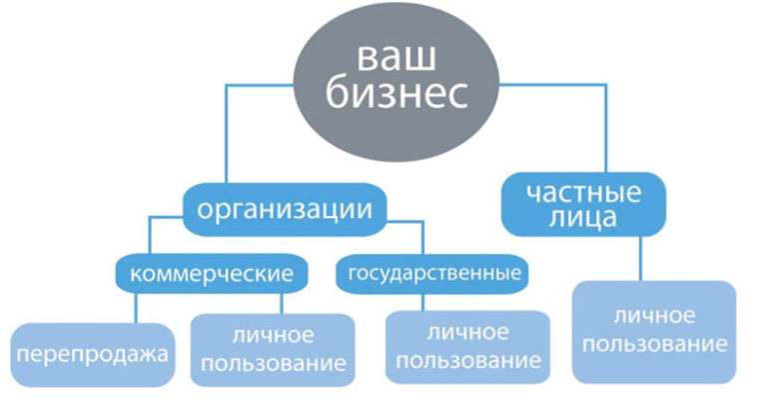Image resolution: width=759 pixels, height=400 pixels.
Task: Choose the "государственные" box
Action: (432, 271)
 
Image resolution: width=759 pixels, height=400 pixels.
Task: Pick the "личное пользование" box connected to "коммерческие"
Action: (273, 347)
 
